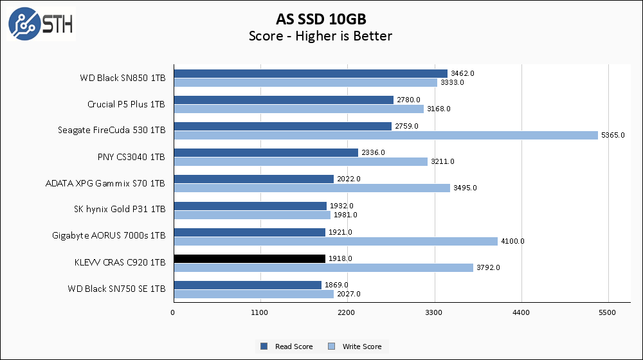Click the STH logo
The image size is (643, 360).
[41, 24]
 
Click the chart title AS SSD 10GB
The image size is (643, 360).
[321, 19]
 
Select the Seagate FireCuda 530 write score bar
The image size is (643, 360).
[386, 135]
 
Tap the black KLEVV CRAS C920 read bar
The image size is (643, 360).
[249, 258]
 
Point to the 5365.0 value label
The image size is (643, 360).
[612, 135]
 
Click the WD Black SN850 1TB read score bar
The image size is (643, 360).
[310, 73]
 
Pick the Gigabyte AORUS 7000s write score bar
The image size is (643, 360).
[335, 241]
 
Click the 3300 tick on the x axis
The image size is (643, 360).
[435, 313]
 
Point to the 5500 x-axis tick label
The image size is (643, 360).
[608, 313]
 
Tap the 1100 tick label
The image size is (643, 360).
[260, 313]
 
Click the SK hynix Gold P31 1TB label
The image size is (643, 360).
[120, 209]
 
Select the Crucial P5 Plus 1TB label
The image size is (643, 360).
[126, 104]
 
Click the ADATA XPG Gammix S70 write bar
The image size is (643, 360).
[311, 188]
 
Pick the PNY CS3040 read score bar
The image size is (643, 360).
[266, 152]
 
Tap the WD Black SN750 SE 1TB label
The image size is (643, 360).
[116, 289]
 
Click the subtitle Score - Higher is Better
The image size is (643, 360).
[321, 36]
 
